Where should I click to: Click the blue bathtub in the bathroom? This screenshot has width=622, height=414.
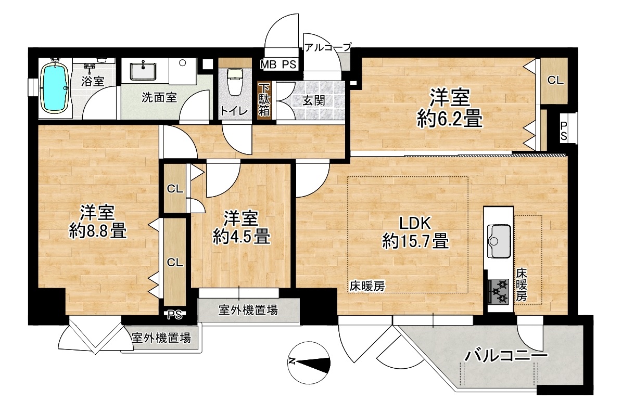(x=56, y=87)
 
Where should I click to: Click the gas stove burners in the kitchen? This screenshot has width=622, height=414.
(x=498, y=292)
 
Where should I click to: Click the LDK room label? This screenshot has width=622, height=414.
(x=415, y=224)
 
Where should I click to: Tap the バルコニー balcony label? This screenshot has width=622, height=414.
(x=506, y=355)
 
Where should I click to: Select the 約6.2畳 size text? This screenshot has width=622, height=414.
(x=449, y=118)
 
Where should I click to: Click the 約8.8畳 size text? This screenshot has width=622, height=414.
(x=97, y=231)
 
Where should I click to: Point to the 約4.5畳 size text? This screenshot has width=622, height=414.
(x=241, y=237)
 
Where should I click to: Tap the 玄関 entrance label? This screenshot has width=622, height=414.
(x=314, y=100)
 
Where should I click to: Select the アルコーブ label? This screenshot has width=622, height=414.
(x=328, y=47)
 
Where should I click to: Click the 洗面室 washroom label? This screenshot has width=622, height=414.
(x=159, y=98)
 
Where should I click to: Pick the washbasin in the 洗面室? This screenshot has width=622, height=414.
(x=143, y=71)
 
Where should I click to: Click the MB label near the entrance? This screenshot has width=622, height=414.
(x=268, y=64)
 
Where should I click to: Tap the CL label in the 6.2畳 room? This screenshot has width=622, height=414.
(x=555, y=80)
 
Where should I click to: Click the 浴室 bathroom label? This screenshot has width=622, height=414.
(x=93, y=81)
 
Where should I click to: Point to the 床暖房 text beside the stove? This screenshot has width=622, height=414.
(x=521, y=284)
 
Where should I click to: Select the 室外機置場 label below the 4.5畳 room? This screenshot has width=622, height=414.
(x=248, y=309)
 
